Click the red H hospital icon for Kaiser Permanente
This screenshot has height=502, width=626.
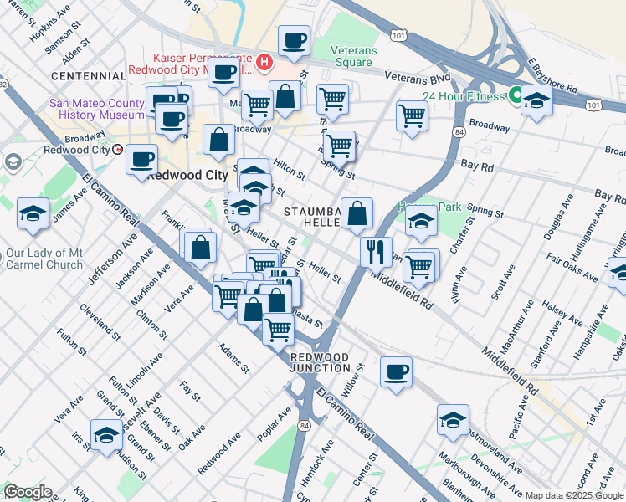point(265,61)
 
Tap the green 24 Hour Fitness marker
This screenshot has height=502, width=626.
point(514,95)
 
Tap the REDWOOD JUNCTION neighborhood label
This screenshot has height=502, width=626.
point(321,362)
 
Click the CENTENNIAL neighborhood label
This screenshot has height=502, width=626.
point(88,76)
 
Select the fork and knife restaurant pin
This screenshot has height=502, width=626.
point(376,249)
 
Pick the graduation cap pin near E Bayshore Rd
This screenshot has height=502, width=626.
point(536,102)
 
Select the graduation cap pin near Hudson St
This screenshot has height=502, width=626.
point(106,435)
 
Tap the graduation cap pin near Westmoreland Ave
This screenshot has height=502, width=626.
point(453,420)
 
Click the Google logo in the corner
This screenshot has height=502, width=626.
point(27,492)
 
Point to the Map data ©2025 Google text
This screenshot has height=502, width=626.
point(574,495)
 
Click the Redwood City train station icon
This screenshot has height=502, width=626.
point(119,150)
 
